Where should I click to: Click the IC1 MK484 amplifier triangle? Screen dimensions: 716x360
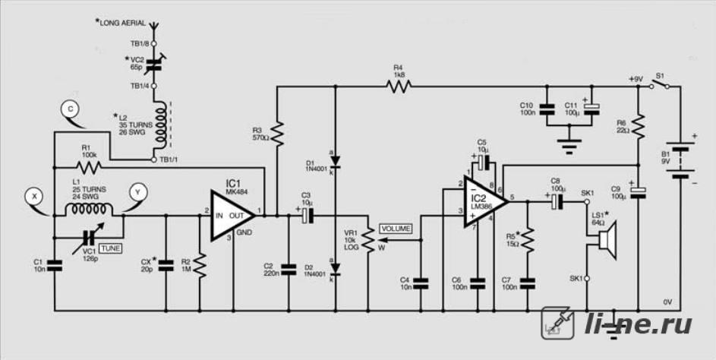231,215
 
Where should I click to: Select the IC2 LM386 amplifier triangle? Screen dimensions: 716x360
484,201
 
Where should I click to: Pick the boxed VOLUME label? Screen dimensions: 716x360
396,229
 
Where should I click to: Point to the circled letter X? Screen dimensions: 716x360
33,197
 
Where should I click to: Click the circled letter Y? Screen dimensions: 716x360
137,193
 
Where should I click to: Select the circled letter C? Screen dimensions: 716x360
70,109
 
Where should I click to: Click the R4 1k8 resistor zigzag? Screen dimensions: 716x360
398,85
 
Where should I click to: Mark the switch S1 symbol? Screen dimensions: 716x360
660,84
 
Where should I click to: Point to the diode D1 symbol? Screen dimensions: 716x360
336,162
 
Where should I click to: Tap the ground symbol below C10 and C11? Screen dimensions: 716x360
568,145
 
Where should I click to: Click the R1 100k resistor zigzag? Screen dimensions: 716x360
91,167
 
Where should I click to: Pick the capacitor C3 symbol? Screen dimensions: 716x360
308,215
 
